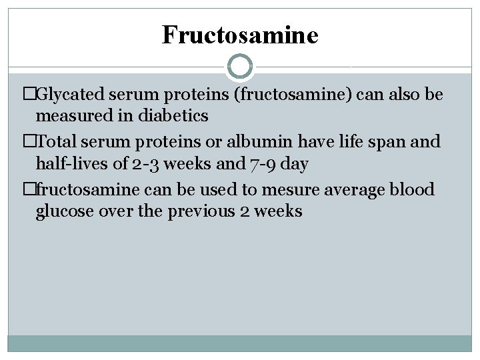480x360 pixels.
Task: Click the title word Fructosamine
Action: [x=240, y=35]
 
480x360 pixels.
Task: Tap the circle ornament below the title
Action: [x=240, y=67]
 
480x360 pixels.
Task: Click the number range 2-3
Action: [x=145, y=163]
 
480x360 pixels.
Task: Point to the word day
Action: [x=294, y=163]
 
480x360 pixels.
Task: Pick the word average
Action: [x=354, y=190]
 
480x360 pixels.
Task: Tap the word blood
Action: [x=411, y=189]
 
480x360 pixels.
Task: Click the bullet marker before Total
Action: [x=29, y=142]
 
